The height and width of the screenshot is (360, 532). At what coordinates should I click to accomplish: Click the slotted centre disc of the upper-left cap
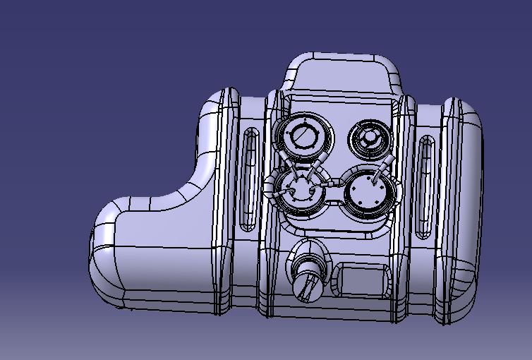click(305, 138)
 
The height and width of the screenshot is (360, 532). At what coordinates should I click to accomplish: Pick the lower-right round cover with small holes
click(368, 191)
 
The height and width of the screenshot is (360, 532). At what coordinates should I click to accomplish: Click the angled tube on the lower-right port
click(384, 168)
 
